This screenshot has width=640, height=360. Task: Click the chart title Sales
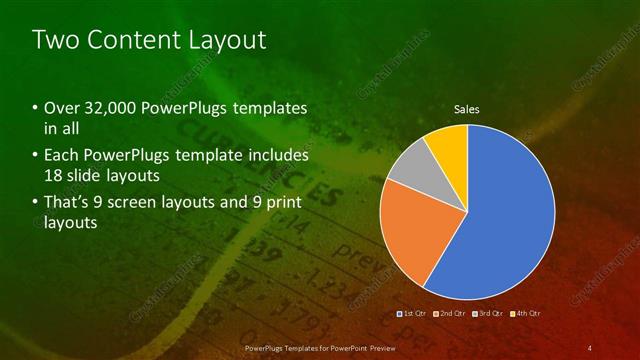click(x=467, y=108)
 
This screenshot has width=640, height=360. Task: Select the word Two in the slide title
click(x=52, y=40)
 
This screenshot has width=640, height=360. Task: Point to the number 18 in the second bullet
click(x=54, y=175)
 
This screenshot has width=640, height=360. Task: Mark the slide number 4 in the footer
click(x=589, y=347)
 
